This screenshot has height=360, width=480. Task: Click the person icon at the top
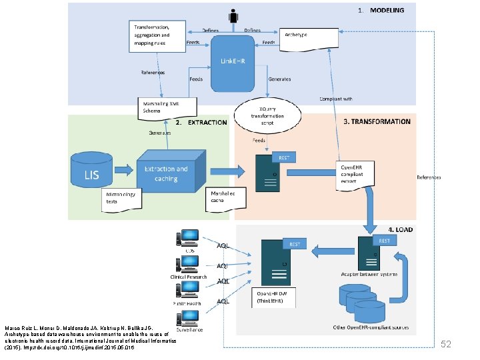233,17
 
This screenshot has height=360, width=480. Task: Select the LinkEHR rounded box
232,63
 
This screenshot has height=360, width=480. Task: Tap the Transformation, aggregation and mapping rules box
156,35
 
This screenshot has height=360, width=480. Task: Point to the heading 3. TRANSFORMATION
377,122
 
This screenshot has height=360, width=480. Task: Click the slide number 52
447,344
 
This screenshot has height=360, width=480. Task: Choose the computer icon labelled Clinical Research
187,265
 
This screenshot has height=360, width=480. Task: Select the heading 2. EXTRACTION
201,123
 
